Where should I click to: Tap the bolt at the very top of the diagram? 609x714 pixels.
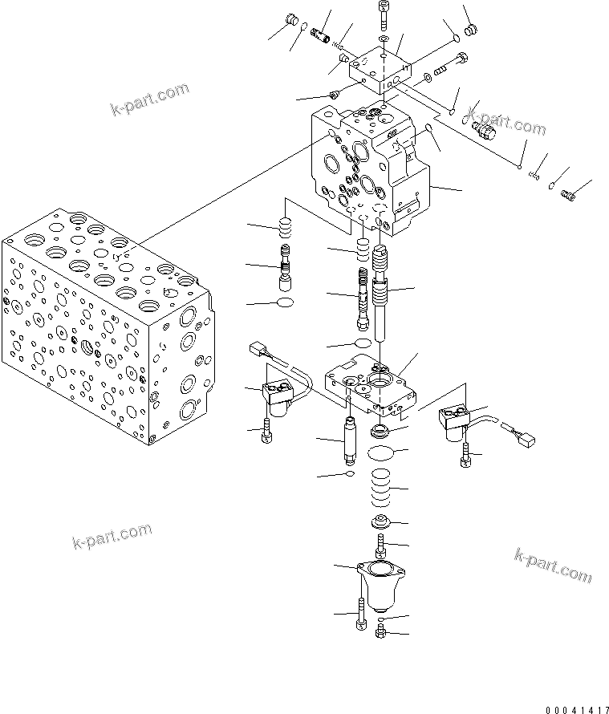(x=383, y=14)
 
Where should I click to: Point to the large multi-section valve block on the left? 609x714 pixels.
(x=104, y=321)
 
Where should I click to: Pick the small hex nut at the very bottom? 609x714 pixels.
(x=380, y=634)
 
